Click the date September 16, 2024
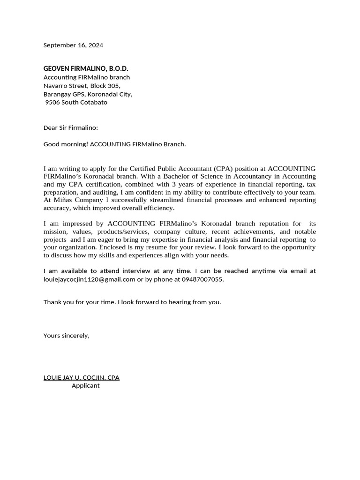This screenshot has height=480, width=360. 73,45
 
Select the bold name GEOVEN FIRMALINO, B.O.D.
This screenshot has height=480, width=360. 86,69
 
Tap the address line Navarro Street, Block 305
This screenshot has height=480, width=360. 82,86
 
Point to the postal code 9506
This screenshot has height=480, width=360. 52,102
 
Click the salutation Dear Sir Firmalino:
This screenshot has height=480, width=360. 71,127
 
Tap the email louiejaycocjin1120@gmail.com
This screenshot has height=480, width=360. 89,279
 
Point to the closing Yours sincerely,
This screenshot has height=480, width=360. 66,336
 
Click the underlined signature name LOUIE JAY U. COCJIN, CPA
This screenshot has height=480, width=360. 82,377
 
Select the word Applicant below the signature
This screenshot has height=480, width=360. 85,386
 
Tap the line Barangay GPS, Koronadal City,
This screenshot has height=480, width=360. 88,94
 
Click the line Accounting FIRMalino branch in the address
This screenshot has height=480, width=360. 87,77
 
